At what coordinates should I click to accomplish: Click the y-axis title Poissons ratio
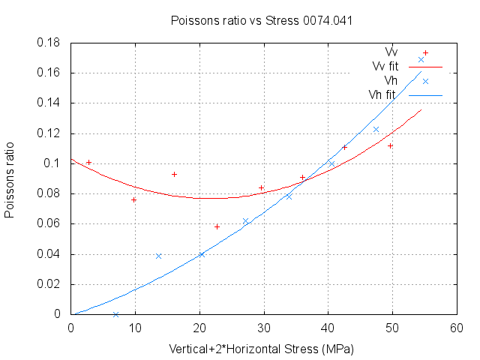click(x=9, y=178)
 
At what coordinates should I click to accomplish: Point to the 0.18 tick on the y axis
click(x=52, y=43)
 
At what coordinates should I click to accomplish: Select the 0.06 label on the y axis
click(x=52, y=223)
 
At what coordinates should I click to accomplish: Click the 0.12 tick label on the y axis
click(x=52, y=133)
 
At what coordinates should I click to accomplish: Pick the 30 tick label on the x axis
click(x=263, y=328)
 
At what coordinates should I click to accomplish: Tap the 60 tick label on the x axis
click(x=456, y=328)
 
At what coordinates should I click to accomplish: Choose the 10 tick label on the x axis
click(x=135, y=328)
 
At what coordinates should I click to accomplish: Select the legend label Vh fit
click(x=382, y=94)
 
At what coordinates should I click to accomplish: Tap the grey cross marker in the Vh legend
click(x=425, y=81)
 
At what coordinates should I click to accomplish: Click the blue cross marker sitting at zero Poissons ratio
click(x=115, y=314)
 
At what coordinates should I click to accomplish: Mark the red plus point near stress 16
click(x=174, y=174)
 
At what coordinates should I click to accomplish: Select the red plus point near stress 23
click(x=217, y=226)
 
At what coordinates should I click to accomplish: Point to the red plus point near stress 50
click(x=390, y=145)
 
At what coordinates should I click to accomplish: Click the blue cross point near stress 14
click(x=158, y=256)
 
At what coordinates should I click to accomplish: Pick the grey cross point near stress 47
click(x=376, y=129)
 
